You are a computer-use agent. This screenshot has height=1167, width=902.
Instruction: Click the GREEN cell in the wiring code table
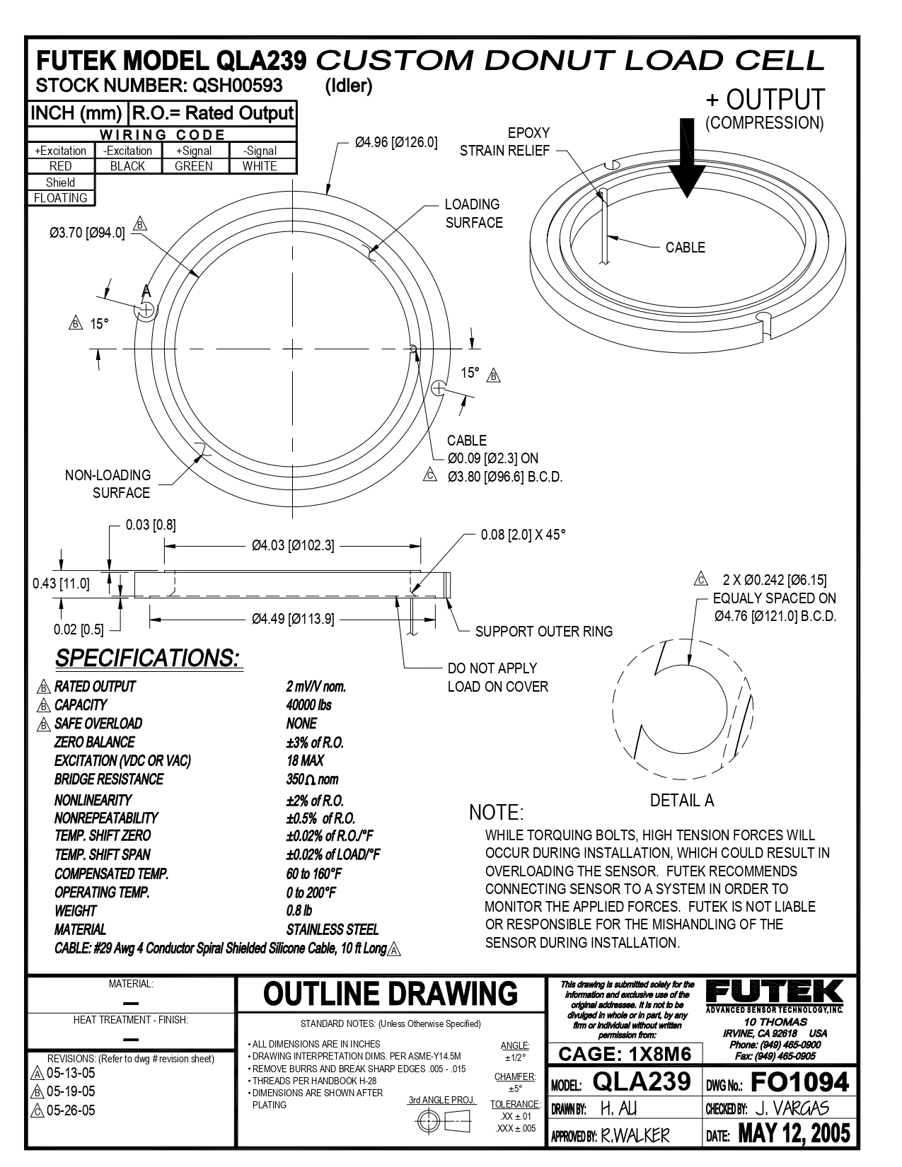(x=193, y=166)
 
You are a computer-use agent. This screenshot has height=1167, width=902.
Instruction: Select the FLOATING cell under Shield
(x=61, y=198)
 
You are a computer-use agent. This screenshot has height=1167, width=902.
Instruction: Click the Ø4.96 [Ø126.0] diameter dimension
(x=396, y=143)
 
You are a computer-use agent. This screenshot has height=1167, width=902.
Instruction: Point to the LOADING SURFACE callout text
(x=473, y=214)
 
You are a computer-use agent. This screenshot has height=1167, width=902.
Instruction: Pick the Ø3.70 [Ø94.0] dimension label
(x=87, y=233)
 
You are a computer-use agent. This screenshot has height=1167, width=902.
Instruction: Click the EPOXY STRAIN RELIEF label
(x=505, y=141)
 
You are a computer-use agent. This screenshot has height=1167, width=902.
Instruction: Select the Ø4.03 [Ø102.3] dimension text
(x=293, y=545)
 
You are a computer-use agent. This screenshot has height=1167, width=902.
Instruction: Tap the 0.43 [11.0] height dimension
(x=61, y=583)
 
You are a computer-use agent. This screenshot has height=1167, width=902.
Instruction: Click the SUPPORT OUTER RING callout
(x=543, y=632)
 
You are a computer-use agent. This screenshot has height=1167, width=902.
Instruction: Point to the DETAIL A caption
(x=682, y=801)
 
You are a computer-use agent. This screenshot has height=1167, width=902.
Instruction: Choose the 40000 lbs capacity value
(x=308, y=705)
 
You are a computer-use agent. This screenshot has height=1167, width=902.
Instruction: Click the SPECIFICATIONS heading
(x=149, y=658)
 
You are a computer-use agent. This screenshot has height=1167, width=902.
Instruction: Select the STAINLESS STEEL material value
(x=333, y=929)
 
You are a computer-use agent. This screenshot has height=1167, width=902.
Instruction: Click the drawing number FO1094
(x=799, y=1082)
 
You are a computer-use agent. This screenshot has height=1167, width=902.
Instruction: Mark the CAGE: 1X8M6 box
(x=625, y=1055)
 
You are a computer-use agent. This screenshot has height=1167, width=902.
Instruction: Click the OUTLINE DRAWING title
(x=391, y=994)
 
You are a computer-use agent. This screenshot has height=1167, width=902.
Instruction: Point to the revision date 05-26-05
(x=70, y=1110)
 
